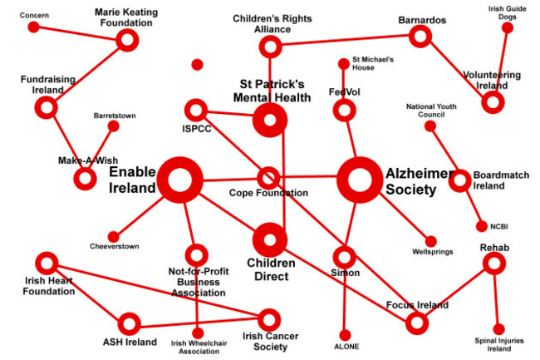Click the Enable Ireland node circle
pyautogui.click(x=180, y=180)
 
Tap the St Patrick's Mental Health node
pyautogui.click(x=269, y=121)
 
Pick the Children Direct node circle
pyautogui.click(x=269, y=240)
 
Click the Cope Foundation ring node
pyautogui.click(x=268, y=178)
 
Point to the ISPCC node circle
pyautogui.click(x=196, y=110)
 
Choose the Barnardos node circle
pyautogui.click(x=420, y=36)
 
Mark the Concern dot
pyautogui.click(x=34, y=27)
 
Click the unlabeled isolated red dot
pyautogui.click(x=197, y=65)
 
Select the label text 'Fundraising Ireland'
pyautogui.click(x=47, y=85)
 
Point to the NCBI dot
pyautogui.click(x=481, y=226)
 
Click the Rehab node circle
pyautogui.click(x=494, y=264)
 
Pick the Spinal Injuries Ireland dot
pyautogui.click(x=499, y=329)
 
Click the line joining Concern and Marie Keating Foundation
pyautogui.click(x=80, y=33)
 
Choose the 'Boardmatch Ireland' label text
pyautogui.click(x=501, y=180)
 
